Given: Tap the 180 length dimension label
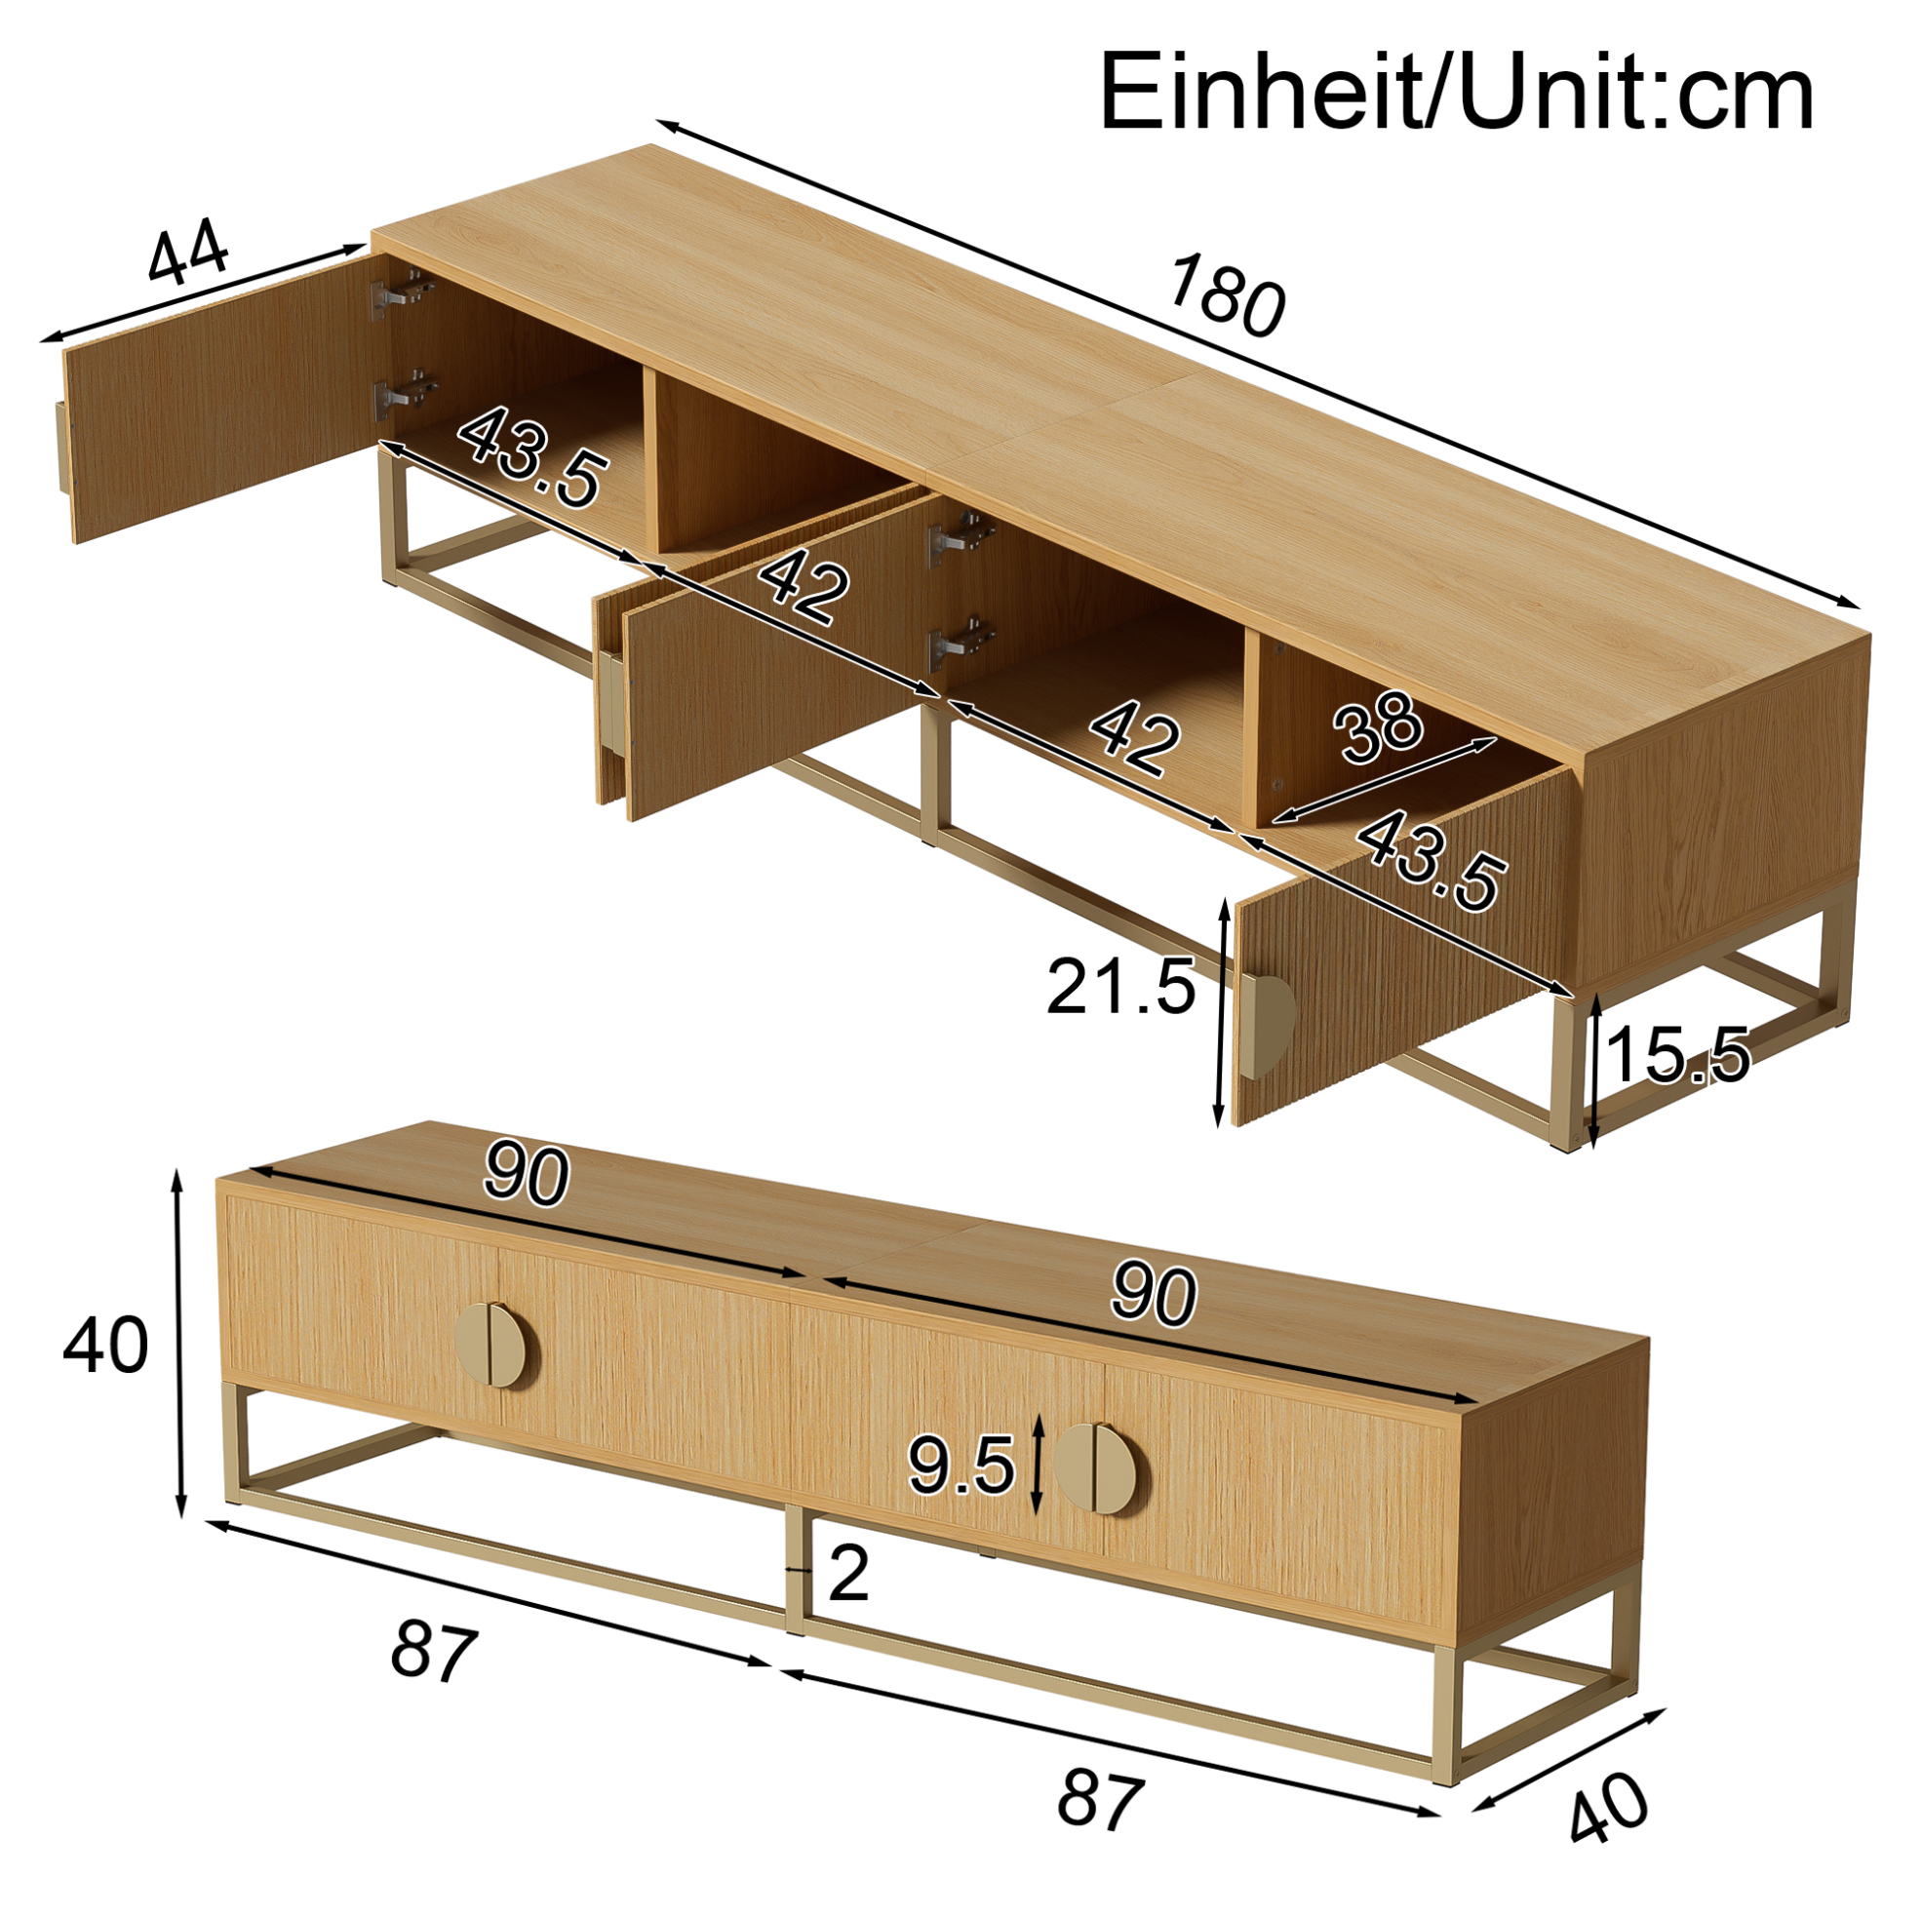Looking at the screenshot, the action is click(1226, 295).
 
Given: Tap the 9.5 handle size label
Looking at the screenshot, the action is click(961, 1466).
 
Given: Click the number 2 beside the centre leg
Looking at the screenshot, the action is click(848, 1575).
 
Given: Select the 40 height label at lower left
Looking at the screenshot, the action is click(105, 1345).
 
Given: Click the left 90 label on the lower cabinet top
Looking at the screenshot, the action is click(527, 1175).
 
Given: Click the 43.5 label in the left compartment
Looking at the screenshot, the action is click(531, 456).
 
